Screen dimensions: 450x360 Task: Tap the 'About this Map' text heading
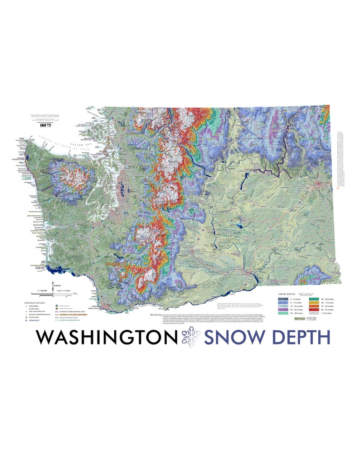tap(155, 314)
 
